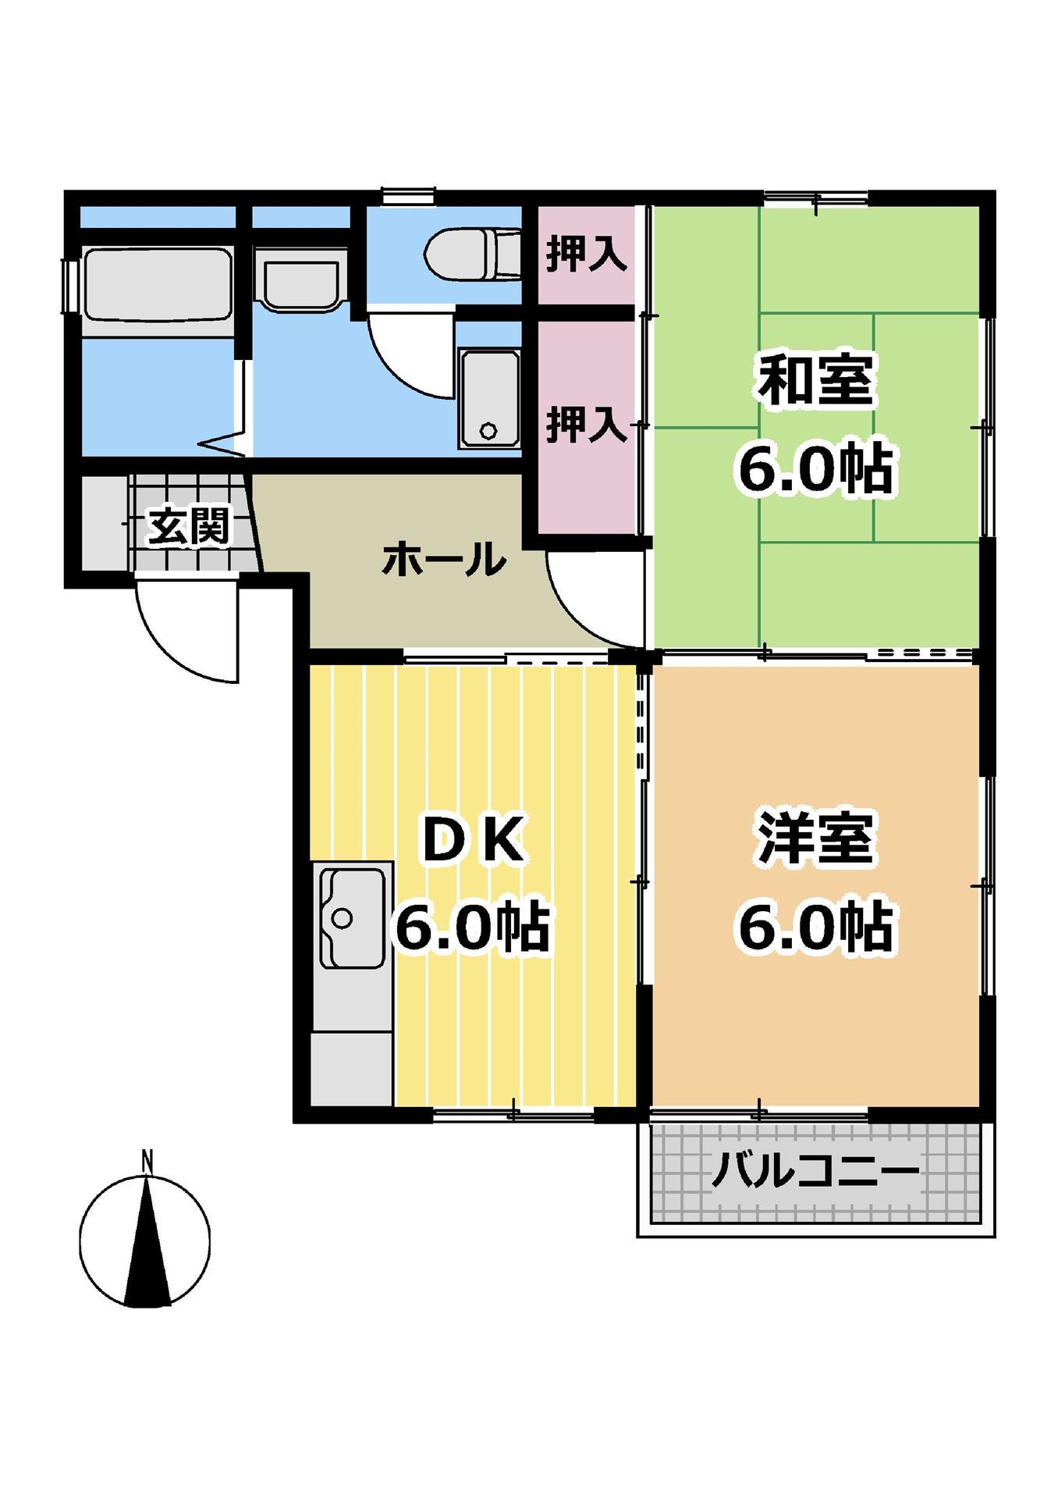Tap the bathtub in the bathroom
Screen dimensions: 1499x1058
(x=158, y=285)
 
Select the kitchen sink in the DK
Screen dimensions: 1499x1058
(x=351, y=918)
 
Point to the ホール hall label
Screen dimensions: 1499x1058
(x=444, y=559)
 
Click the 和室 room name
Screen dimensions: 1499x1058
(x=816, y=380)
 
